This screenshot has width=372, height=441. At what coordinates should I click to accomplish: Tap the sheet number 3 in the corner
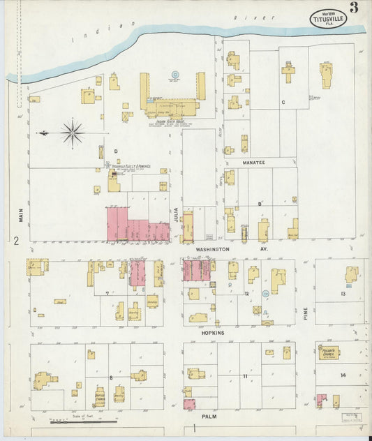tap(355, 8)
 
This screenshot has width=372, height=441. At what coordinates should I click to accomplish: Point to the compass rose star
tap(73, 131)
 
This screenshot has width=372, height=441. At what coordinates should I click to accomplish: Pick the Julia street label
tap(176, 214)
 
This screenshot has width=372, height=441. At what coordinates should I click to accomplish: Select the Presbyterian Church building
tap(328, 354)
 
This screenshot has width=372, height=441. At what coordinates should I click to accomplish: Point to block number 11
tap(245, 376)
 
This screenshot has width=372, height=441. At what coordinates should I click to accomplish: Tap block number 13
tap(343, 294)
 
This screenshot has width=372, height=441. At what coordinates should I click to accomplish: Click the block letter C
tap(283, 102)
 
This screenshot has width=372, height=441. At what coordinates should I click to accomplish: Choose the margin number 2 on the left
tap(15, 241)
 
